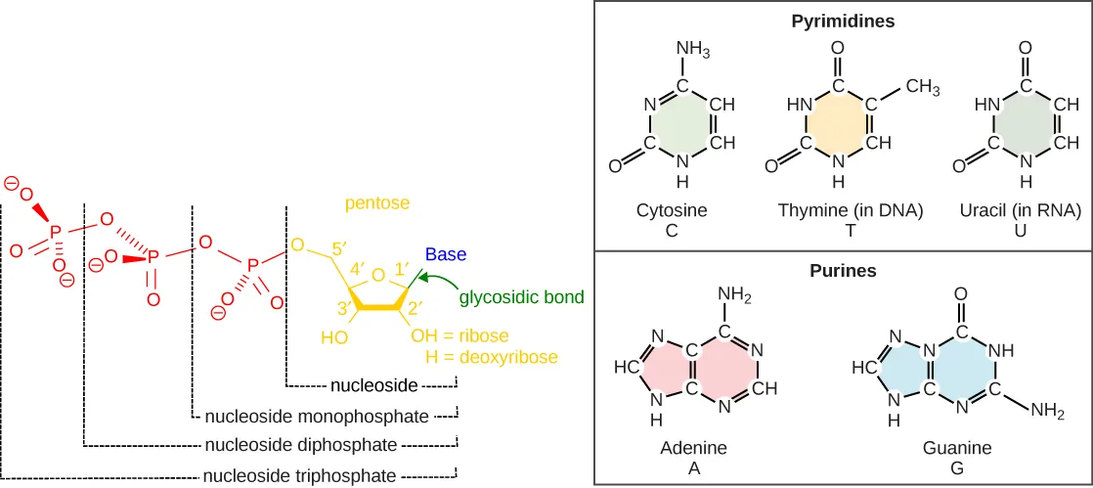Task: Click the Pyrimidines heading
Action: [x=844, y=20]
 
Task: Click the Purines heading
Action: [x=844, y=270]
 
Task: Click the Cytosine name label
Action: [x=671, y=210]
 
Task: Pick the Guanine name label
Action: [x=956, y=448]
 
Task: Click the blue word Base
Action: [x=445, y=254]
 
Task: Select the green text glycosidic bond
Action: [x=521, y=296]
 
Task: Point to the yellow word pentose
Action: [x=375, y=203]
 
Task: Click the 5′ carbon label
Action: [x=339, y=249]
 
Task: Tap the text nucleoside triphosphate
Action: [x=299, y=476]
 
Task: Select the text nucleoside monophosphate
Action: [x=316, y=417]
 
